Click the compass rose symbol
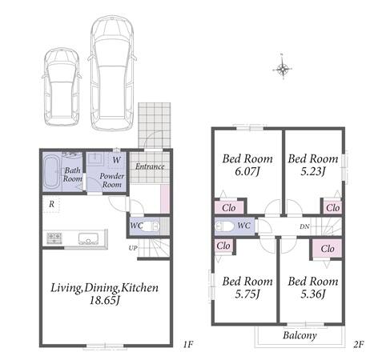(x=283, y=70)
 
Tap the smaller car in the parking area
(x=62, y=87)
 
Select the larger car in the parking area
(x=112, y=74)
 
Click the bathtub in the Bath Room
(x=52, y=172)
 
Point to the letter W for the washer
(x=116, y=160)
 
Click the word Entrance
(x=150, y=166)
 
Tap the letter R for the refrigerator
(x=51, y=204)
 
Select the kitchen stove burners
(x=54, y=238)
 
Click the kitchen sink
(x=88, y=238)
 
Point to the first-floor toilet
(x=150, y=226)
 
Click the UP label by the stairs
(x=133, y=248)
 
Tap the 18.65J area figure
(x=104, y=301)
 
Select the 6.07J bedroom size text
(x=247, y=171)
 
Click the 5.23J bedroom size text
(x=313, y=171)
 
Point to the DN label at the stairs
(x=304, y=226)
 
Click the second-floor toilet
(x=224, y=226)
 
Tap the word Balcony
(x=300, y=335)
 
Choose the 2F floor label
(x=359, y=345)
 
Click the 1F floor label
(x=188, y=345)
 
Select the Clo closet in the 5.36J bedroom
(x=328, y=249)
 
